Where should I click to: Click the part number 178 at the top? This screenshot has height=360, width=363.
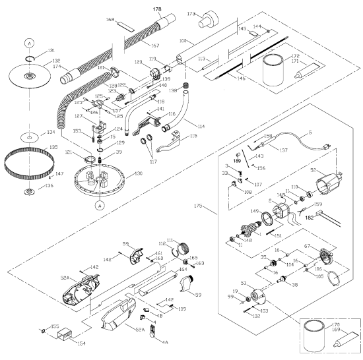(157, 11)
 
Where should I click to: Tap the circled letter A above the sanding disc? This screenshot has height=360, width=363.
(29, 42)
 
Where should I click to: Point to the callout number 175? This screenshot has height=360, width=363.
(200, 208)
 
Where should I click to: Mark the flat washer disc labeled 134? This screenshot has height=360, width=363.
(29, 138)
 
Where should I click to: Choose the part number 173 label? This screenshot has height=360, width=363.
(191, 13)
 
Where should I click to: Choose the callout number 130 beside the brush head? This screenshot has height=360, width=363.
(137, 173)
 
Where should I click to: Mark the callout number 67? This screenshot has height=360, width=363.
(325, 246)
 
